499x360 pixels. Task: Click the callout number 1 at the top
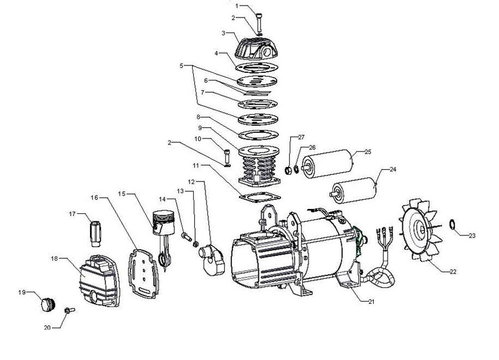pos(238,6)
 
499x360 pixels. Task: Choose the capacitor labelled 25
pos(329,163)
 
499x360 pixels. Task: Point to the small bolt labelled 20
pos(69,310)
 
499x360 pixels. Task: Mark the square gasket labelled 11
pos(259,196)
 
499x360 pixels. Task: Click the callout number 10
pos(198,139)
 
